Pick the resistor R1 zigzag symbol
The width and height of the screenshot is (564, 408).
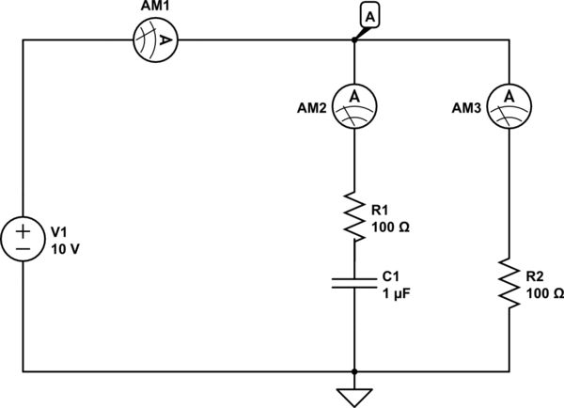[353, 215]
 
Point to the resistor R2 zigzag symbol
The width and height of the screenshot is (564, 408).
[509, 284]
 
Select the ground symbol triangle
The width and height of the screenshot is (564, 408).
[353, 396]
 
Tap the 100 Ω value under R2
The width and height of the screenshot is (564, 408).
[545, 293]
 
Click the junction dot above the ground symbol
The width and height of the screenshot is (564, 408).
[353, 371]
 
